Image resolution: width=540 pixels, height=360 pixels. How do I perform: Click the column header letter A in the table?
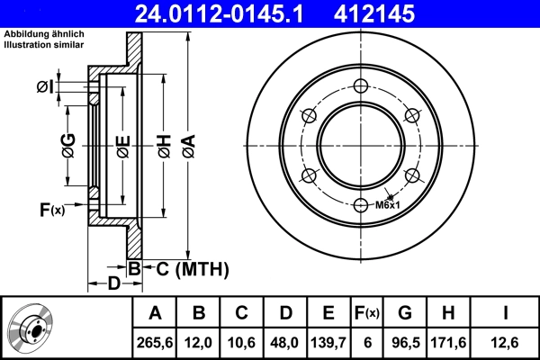155,313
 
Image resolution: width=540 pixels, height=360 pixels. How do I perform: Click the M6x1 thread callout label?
388,205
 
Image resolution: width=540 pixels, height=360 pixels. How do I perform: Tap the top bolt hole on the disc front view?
361,86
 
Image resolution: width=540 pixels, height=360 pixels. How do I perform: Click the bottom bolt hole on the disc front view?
361,204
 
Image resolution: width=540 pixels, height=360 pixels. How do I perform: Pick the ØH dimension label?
164,144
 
